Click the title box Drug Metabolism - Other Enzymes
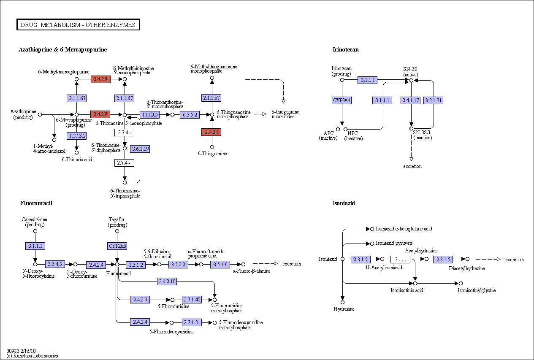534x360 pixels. point(78,24)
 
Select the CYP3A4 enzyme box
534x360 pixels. point(342,100)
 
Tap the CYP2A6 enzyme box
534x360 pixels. point(117,246)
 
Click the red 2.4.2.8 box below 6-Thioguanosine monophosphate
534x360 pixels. point(211,132)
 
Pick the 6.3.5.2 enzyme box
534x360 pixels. point(190,115)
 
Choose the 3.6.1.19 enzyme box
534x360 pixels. point(140,149)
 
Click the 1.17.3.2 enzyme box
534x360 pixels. point(76,136)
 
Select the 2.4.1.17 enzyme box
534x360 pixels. point(410,100)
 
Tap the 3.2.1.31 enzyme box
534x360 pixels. point(434,100)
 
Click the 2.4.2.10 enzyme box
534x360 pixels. point(167,282)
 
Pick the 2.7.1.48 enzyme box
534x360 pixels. point(192,300)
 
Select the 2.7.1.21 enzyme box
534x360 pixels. point(192,322)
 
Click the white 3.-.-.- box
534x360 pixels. point(400,260)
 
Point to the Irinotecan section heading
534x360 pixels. point(346,49)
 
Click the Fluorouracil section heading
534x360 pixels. point(36,203)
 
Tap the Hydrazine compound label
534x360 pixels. point(344,309)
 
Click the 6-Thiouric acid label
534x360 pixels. point(77,159)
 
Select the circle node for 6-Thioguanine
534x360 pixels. point(212,147)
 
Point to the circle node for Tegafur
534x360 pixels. point(117,231)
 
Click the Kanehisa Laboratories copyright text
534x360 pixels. point(32,356)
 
